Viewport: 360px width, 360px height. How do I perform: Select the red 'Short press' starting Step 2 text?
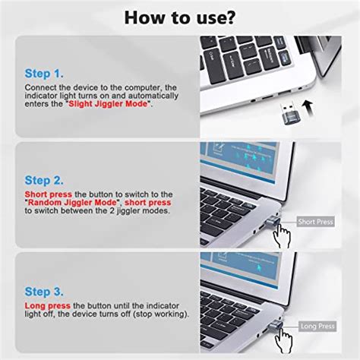[49, 194]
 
